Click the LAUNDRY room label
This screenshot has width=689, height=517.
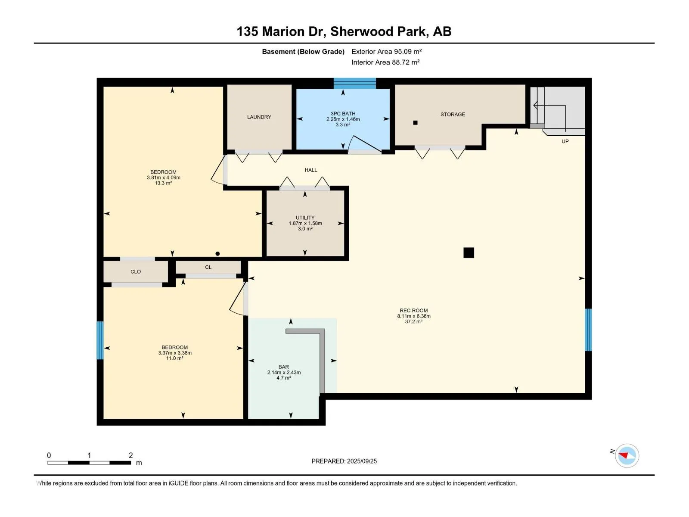tap(259, 117)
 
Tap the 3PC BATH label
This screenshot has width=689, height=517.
tap(343, 114)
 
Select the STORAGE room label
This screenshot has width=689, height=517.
tap(453, 115)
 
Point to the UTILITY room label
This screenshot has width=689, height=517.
tap(305, 218)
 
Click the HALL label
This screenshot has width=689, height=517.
tap(311, 170)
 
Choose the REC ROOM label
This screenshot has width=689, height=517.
tap(414, 311)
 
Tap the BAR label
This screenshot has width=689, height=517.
tap(284, 367)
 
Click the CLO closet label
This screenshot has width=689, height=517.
tap(136, 272)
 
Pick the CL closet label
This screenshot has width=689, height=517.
tap(208, 268)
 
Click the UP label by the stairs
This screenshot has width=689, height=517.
tap(565, 142)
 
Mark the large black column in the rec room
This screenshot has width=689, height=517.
tap(469, 253)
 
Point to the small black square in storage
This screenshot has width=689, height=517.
tap(415, 123)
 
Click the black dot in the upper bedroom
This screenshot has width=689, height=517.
tap(217, 254)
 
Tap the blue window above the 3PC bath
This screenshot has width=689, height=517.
tap(355, 84)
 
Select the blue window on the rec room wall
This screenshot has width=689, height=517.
tap(588, 330)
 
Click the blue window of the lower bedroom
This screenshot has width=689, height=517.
tap(100, 340)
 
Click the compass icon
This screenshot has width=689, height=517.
tap(627, 455)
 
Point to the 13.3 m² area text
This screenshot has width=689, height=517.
tap(163, 184)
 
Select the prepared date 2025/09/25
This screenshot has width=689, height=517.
tap(362, 461)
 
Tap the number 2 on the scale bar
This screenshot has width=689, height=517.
tap(131, 455)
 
